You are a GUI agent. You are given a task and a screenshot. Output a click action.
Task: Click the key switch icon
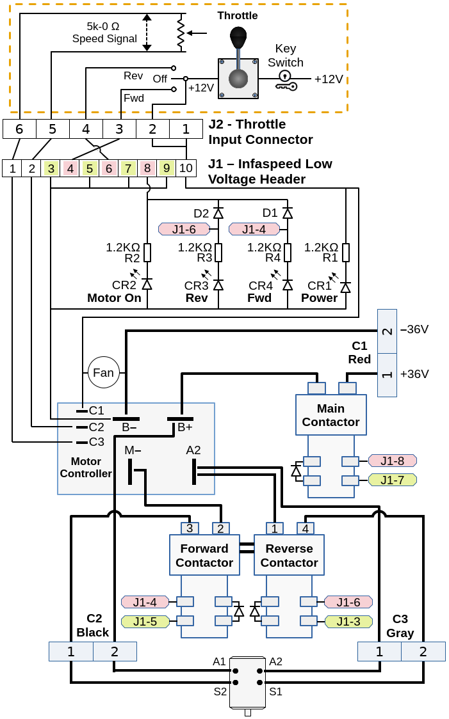[x=286, y=81]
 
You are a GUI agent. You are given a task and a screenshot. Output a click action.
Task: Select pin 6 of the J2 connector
[x=19, y=129]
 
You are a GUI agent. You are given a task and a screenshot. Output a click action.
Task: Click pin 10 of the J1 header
[x=186, y=168]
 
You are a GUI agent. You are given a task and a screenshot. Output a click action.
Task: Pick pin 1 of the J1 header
[x=12, y=168]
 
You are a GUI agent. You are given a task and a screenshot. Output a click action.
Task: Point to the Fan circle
[x=104, y=372]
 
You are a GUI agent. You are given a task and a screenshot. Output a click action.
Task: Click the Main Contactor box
[x=331, y=415]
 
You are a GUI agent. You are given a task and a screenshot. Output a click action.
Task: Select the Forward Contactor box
[x=204, y=555]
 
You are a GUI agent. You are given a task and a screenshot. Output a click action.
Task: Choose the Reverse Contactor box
[x=289, y=555]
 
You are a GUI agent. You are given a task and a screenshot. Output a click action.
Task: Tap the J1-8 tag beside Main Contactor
[x=392, y=461]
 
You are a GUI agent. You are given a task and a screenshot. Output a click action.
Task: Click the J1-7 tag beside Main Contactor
[x=392, y=480]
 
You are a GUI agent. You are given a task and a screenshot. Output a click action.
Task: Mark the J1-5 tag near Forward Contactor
[x=145, y=621]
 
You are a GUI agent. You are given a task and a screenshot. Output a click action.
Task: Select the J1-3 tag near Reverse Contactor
[x=348, y=621]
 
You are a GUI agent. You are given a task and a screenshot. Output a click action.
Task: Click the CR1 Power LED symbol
[x=346, y=287]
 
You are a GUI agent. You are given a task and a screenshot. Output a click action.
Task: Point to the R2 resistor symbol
[x=147, y=253]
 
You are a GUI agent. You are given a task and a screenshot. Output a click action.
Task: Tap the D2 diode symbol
[x=218, y=213]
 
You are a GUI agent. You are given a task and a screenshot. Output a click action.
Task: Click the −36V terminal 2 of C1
[x=387, y=331]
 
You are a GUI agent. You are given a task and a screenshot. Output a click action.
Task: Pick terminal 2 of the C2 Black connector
[x=115, y=652]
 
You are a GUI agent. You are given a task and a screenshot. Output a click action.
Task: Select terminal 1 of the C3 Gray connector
[x=379, y=652]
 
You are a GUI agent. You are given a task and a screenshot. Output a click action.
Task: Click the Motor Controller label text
[x=86, y=468]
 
